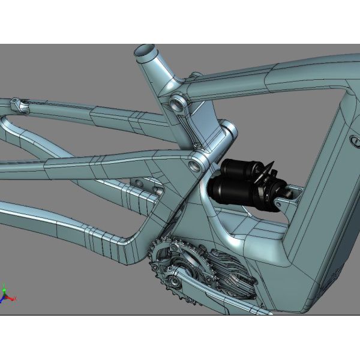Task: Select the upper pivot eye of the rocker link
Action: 176,101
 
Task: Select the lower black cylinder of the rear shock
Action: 230,191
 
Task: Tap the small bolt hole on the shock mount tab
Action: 293,194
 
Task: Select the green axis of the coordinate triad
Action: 5,289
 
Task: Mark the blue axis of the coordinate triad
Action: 3,299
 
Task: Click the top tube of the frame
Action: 270,72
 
